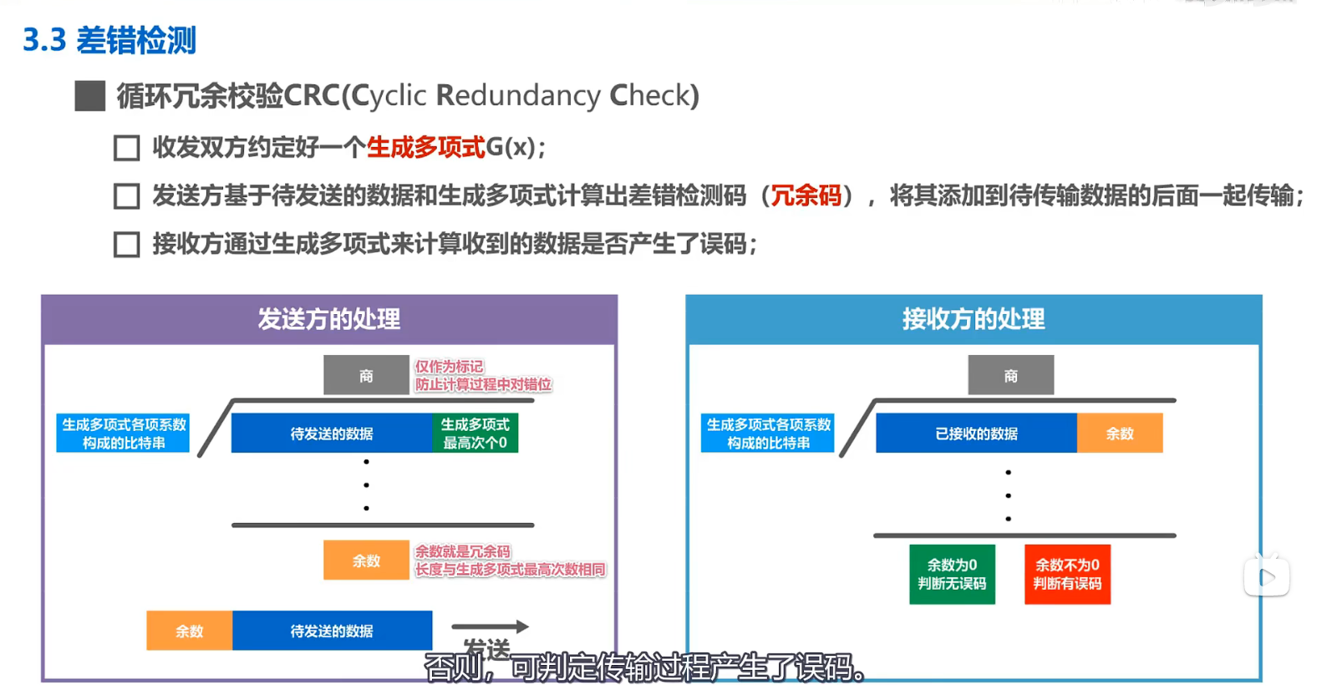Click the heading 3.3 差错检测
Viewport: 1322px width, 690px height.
point(109,40)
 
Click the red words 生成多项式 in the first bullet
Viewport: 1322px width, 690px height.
point(425,148)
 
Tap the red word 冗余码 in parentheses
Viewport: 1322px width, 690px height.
point(806,195)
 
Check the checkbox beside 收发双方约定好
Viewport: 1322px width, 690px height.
point(126,149)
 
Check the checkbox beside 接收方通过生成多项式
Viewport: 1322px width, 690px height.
point(126,245)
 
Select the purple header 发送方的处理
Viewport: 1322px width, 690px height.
point(329,319)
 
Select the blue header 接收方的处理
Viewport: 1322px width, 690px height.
point(974,319)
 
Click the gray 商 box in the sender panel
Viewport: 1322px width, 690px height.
point(366,376)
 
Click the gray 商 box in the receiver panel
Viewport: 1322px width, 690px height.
point(1010,376)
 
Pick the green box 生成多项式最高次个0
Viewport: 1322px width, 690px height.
point(475,434)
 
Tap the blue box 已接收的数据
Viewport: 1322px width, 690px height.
point(976,434)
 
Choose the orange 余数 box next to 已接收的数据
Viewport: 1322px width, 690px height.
point(1120,434)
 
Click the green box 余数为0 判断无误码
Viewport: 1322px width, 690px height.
point(952,574)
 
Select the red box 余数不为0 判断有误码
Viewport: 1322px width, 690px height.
point(1067,574)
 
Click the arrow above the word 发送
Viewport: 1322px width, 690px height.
point(490,627)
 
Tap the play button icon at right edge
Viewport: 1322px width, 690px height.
point(1266,577)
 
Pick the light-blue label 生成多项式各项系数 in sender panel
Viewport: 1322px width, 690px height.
point(124,434)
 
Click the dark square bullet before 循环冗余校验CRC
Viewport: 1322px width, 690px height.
point(90,96)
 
